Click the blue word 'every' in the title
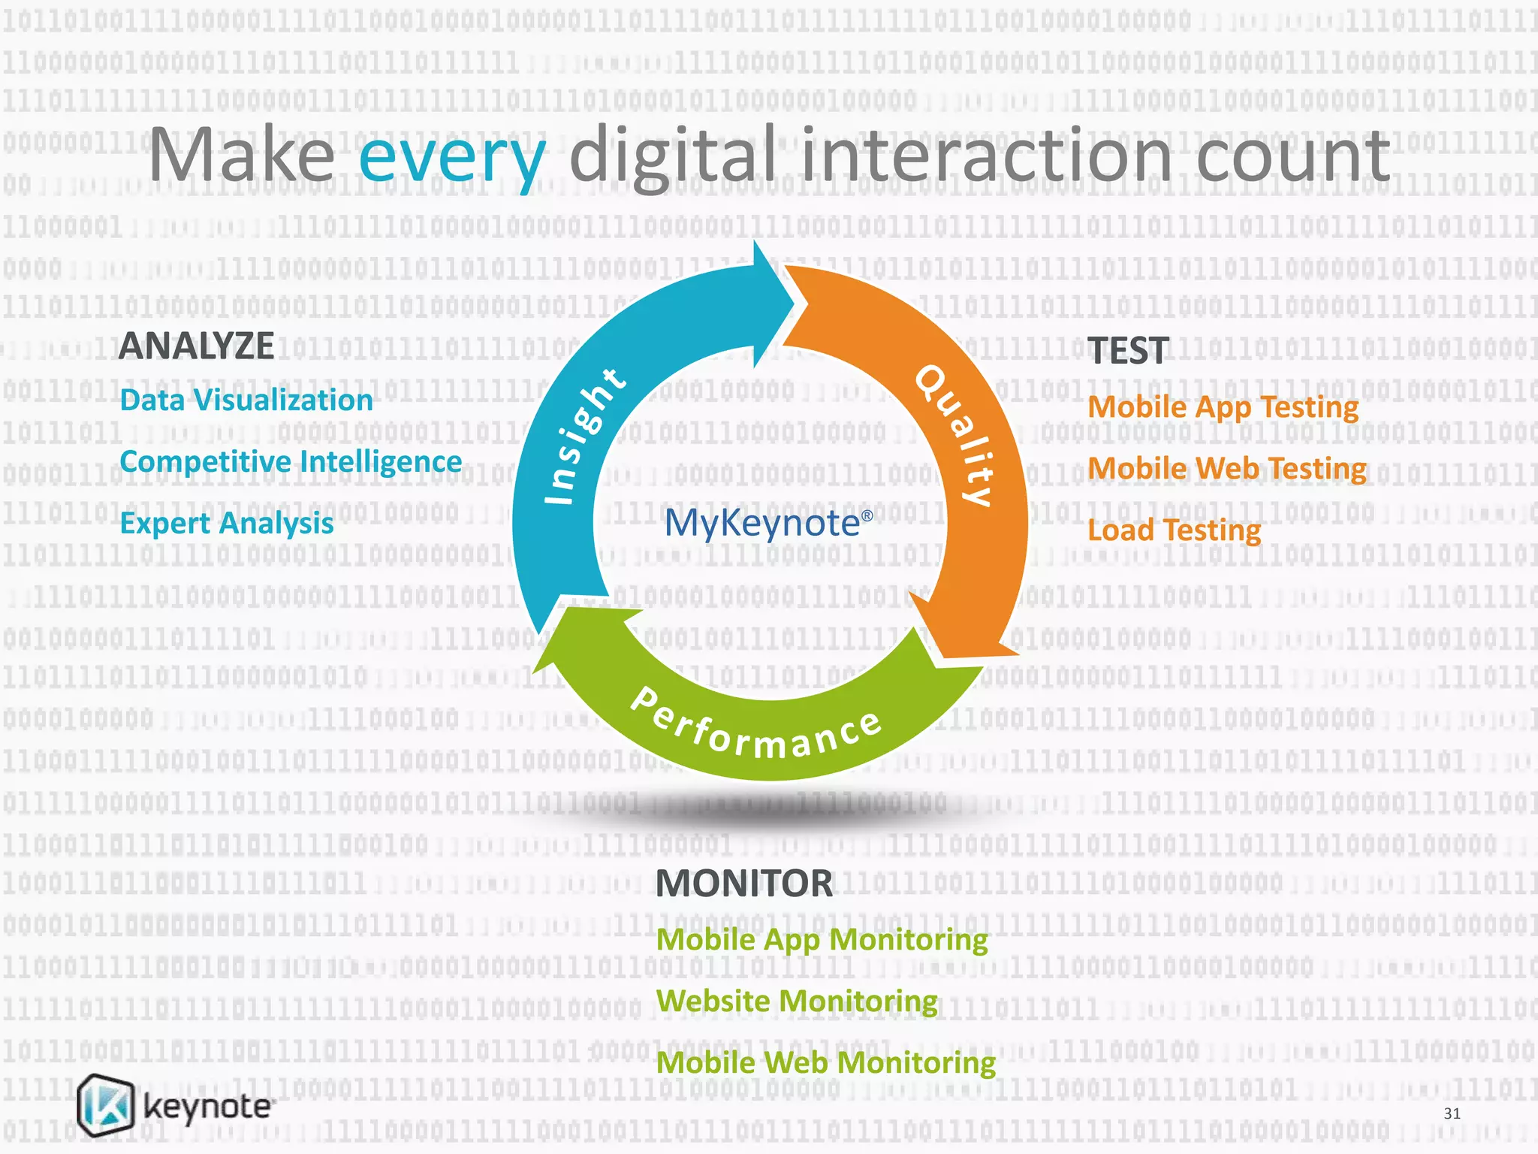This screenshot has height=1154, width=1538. [x=452, y=158]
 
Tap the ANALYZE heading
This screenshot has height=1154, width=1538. [x=197, y=346]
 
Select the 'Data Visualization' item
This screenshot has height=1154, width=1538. [x=246, y=400]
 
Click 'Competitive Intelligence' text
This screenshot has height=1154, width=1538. [x=291, y=462]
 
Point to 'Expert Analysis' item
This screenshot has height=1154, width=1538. [x=227, y=524]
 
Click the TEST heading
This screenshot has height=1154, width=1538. [x=1128, y=351]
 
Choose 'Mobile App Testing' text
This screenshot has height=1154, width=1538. [x=1223, y=407]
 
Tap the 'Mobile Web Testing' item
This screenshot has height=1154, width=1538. [x=1226, y=469]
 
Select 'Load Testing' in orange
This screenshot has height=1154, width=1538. [x=1174, y=530]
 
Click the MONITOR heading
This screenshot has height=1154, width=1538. [x=743, y=884]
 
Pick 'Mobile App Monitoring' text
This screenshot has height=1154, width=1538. [x=822, y=940]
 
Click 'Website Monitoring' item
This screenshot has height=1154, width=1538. [x=797, y=1001]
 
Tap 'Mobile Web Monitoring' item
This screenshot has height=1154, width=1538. [x=825, y=1063]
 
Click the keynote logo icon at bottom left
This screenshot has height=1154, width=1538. [x=106, y=1104]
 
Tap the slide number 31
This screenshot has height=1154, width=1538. [x=1452, y=1113]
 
